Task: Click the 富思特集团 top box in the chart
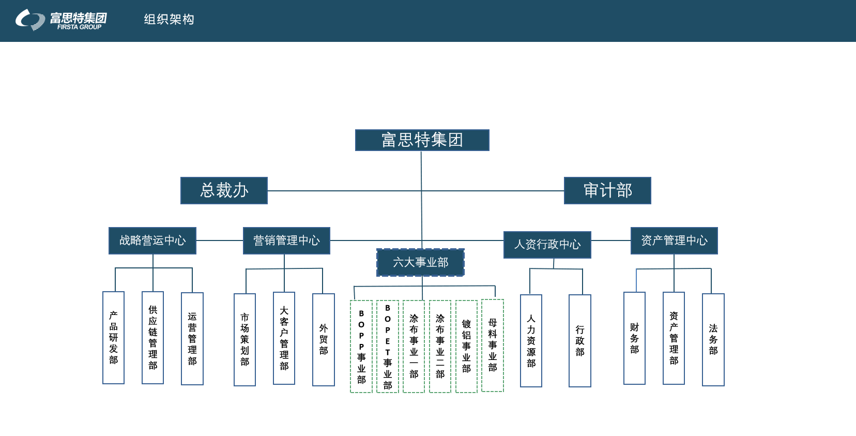[x=422, y=140]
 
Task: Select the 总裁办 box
[x=224, y=190]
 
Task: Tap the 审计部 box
[x=607, y=190]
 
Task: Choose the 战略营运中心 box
[x=152, y=240]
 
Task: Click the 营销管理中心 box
[x=286, y=240]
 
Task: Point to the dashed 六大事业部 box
[x=420, y=262]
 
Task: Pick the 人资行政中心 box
[x=547, y=245]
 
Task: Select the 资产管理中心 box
[x=674, y=240]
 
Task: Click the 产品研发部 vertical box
[x=114, y=338]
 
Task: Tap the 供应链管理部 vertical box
[x=153, y=338]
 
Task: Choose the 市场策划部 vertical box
[x=244, y=340]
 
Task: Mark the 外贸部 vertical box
[x=324, y=340]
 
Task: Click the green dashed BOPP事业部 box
[x=361, y=347]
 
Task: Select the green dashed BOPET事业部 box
[x=388, y=347]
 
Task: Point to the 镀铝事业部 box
[x=466, y=347]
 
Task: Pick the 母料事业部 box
[x=493, y=345]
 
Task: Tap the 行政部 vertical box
[x=579, y=341]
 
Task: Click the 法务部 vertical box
[x=713, y=340]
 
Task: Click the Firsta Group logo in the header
[x=61, y=20]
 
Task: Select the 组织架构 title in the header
[x=169, y=20]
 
